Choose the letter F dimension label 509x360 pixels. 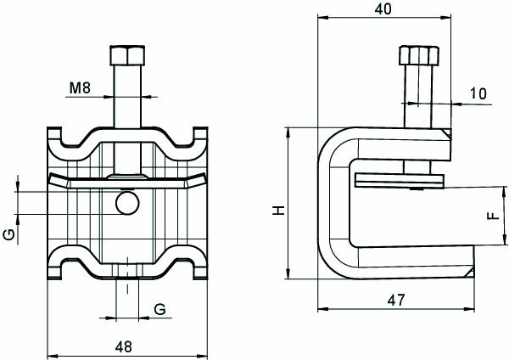[490, 215]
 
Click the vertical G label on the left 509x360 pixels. [8, 233]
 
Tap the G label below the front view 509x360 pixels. [159, 307]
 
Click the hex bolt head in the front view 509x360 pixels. [126, 58]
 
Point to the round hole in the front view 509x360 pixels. [127, 202]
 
